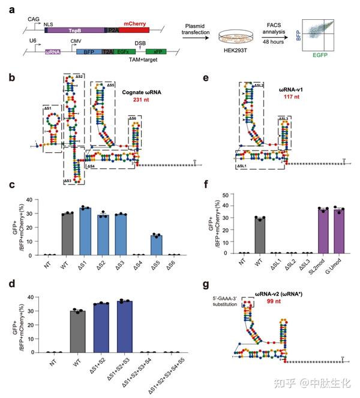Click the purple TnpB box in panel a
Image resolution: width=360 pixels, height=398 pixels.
(74, 29)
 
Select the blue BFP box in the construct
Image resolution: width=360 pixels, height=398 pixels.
(89, 53)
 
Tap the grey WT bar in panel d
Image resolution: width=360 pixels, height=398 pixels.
(76, 331)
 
